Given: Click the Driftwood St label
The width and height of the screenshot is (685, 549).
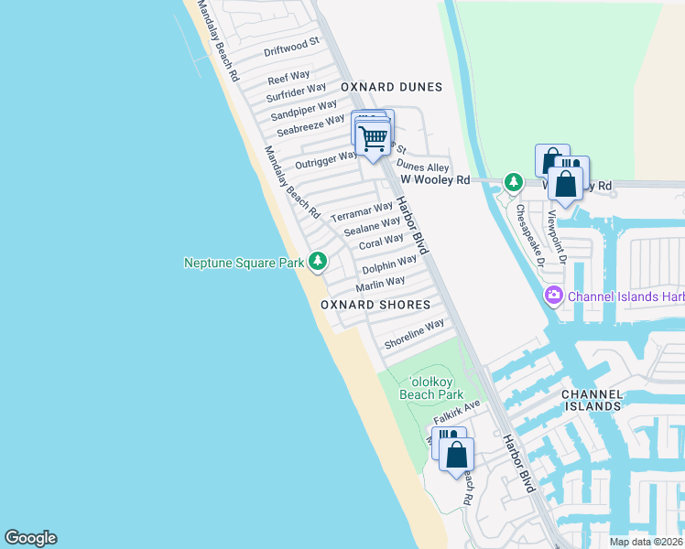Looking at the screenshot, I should tap(291, 47).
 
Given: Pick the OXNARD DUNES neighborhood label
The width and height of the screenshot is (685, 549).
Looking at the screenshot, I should tap(391, 87).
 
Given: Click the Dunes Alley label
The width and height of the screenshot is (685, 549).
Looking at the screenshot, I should tap(423, 167).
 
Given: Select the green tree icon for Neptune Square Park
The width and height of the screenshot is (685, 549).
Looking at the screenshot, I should tap(318, 262).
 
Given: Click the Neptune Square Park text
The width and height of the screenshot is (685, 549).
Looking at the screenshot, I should tap(244, 263).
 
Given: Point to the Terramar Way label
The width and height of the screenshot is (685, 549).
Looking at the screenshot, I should tap(362, 213).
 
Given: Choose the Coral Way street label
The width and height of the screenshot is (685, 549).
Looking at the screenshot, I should tap(381, 242).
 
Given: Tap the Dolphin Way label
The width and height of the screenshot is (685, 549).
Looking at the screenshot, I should tap(389, 266).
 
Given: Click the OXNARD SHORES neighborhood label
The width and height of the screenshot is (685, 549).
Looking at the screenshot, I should tap(375, 304).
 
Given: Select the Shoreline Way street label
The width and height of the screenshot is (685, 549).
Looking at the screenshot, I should tap(414, 333).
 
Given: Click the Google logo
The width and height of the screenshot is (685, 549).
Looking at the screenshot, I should tap(30, 538).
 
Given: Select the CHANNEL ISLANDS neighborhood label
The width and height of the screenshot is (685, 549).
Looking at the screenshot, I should tap(592, 400).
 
